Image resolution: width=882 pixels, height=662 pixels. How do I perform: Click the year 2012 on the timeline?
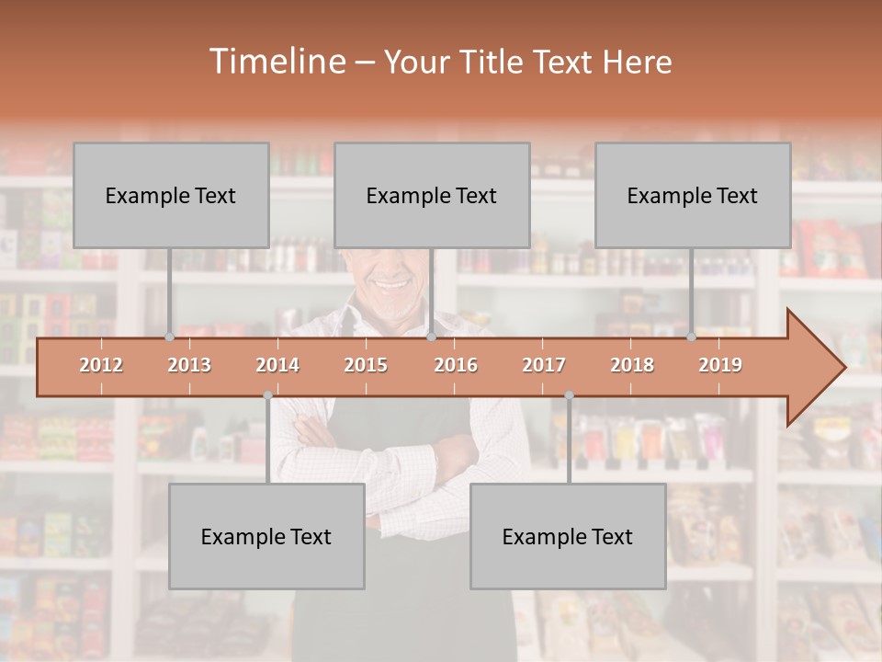pyautogui.click(x=101, y=365)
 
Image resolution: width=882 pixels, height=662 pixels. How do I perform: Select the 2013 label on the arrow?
pyautogui.click(x=189, y=365)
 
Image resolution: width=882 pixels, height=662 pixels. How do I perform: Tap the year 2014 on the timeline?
pyautogui.click(x=277, y=365)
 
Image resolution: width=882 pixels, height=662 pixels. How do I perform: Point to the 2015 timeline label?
pyautogui.click(x=366, y=365)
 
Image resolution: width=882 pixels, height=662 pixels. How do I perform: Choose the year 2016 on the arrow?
pyautogui.click(x=456, y=365)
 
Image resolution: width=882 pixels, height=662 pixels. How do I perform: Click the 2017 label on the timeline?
pyautogui.click(x=544, y=365)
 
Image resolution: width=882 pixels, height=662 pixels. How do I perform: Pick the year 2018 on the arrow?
pyautogui.click(x=632, y=365)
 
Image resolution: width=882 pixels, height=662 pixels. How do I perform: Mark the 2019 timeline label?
pyautogui.click(x=720, y=365)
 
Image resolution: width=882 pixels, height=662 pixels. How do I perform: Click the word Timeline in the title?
pyautogui.click(x=276, y=62)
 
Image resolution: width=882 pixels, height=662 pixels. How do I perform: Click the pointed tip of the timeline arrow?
pyautogui.click(x=842, y=368)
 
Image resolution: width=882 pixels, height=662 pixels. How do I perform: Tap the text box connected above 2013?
pyautogui.click(x=171, y=195)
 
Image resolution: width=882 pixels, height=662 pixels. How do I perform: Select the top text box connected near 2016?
pyautogui.click(x=432, y=195)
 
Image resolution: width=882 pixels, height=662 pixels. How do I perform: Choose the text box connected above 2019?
pyautogui.click(x=693, y=195)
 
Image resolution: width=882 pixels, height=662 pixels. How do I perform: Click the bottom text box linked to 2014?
pyautogui.click(x=266, y=536)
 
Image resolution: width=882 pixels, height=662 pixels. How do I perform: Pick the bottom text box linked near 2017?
pyautogui.click(x=568, y=536)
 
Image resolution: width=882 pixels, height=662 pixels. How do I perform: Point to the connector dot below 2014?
pyautogui.click(x=267, y=395)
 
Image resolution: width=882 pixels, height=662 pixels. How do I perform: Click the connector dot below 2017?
pyautogui.click(x=569, y=395)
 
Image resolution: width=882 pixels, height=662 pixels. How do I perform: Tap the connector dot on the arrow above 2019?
pyautogui.click(x=691, y=337)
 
